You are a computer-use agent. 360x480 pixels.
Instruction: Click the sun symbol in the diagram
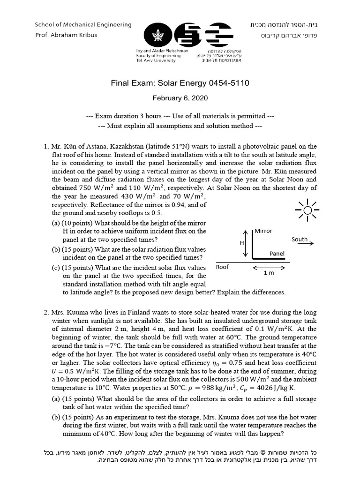point(307,210)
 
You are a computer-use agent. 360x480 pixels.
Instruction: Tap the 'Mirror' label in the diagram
point(263,231)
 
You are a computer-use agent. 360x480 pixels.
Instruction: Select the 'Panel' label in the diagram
point(277,254)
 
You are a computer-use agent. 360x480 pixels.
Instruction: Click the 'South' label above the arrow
point(300,239)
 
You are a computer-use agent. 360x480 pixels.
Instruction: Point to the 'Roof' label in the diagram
point(222,267)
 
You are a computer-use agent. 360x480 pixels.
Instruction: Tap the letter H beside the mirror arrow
point(241,244)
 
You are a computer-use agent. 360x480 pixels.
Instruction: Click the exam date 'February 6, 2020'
point(180,98)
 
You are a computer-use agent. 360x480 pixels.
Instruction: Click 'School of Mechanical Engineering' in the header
point(83,24)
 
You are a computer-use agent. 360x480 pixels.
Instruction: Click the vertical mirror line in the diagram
point(253,244)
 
